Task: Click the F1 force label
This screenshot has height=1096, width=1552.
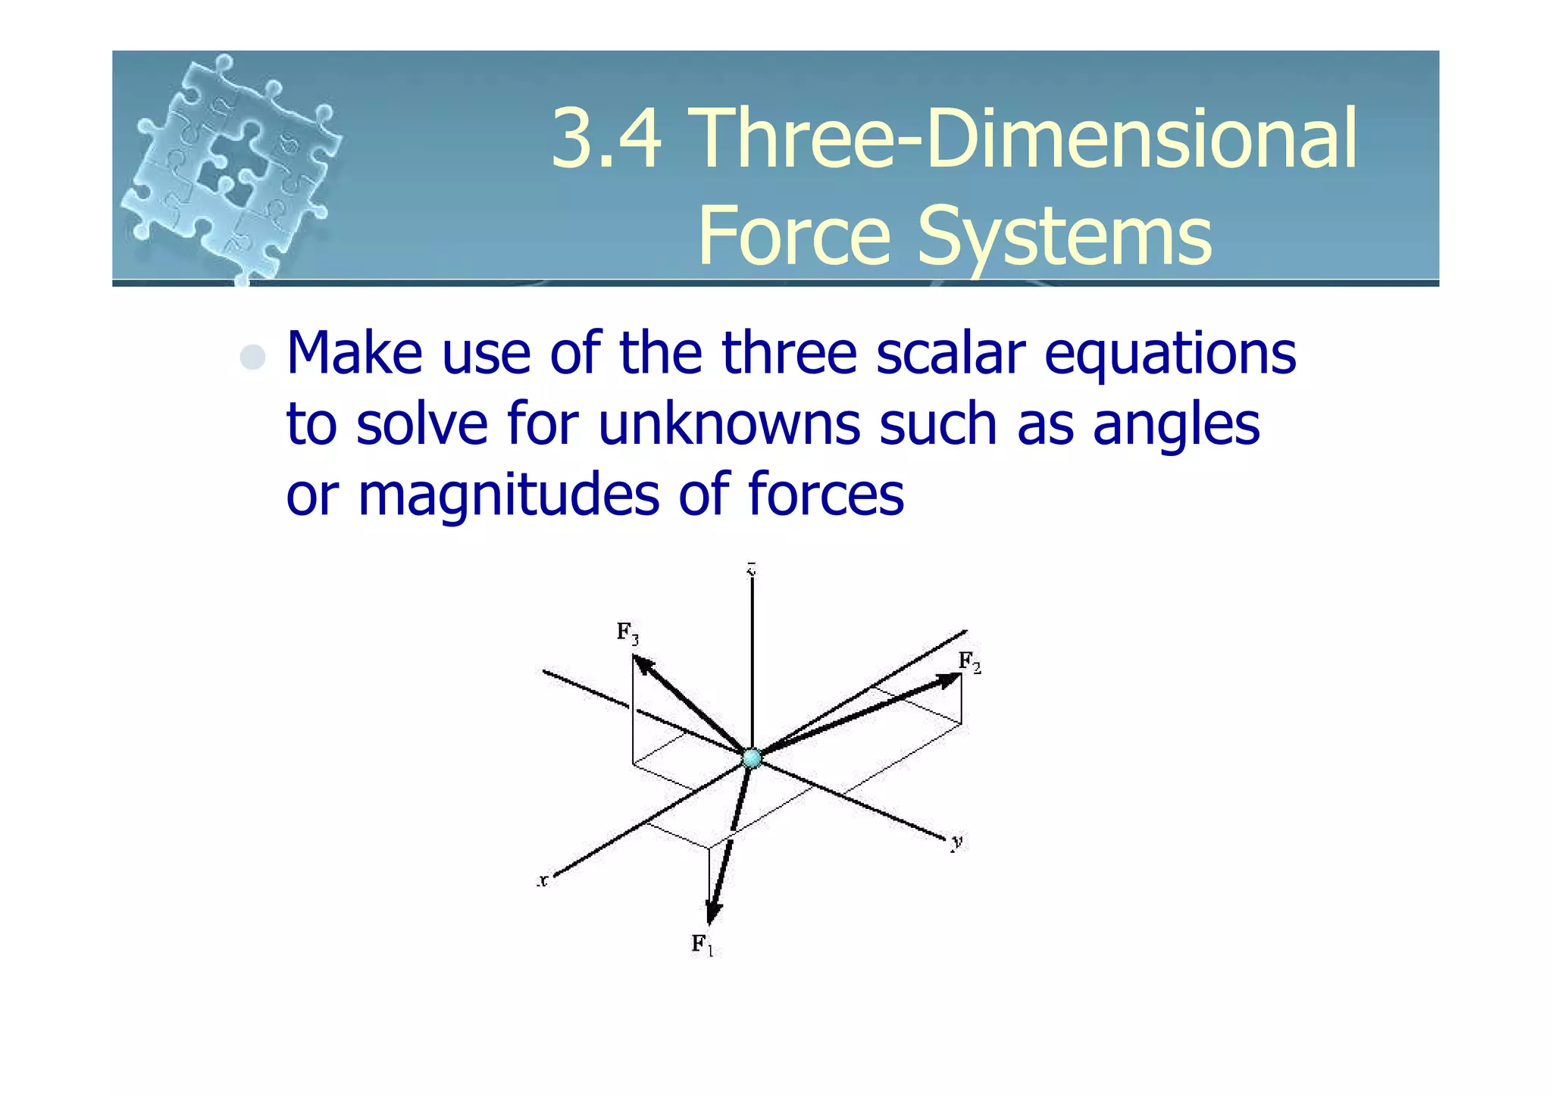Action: point(702,945)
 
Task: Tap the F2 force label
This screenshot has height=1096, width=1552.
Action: point(969,663)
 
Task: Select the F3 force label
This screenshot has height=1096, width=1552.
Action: point(627,632)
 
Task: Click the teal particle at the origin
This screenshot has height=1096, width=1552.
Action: point(752,757)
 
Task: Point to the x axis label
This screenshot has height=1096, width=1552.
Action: point(543,881)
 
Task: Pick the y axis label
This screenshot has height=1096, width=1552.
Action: point(958,842)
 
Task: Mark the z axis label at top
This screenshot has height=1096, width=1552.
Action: point(751,569)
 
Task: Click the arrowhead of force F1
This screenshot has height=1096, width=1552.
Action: point(712,913)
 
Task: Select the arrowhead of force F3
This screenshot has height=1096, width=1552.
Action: point(643,664)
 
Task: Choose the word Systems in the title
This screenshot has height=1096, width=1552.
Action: point(1065,236)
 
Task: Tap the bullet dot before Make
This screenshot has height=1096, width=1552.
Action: point(252,358)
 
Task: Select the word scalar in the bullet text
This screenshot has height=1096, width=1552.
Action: point(950,353)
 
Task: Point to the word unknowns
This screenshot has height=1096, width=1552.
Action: point(729,423)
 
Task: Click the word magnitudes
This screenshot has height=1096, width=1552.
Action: point(508,495)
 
